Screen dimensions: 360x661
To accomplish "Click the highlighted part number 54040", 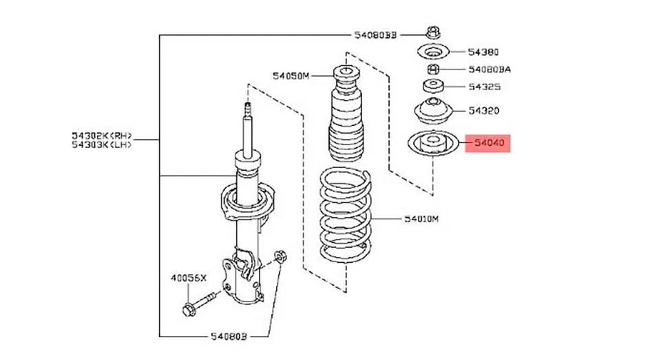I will coord(489,143).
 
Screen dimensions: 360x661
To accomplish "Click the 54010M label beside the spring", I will coord(421,220).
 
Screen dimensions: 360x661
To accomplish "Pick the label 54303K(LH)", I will coord(102,145).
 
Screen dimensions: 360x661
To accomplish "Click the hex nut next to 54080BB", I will coord(433,32).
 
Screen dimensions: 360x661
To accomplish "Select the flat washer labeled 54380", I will coord(432,52).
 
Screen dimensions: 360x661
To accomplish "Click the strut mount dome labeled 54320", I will coord(432,109).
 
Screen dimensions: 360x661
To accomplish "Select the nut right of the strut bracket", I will coord(280,256).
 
